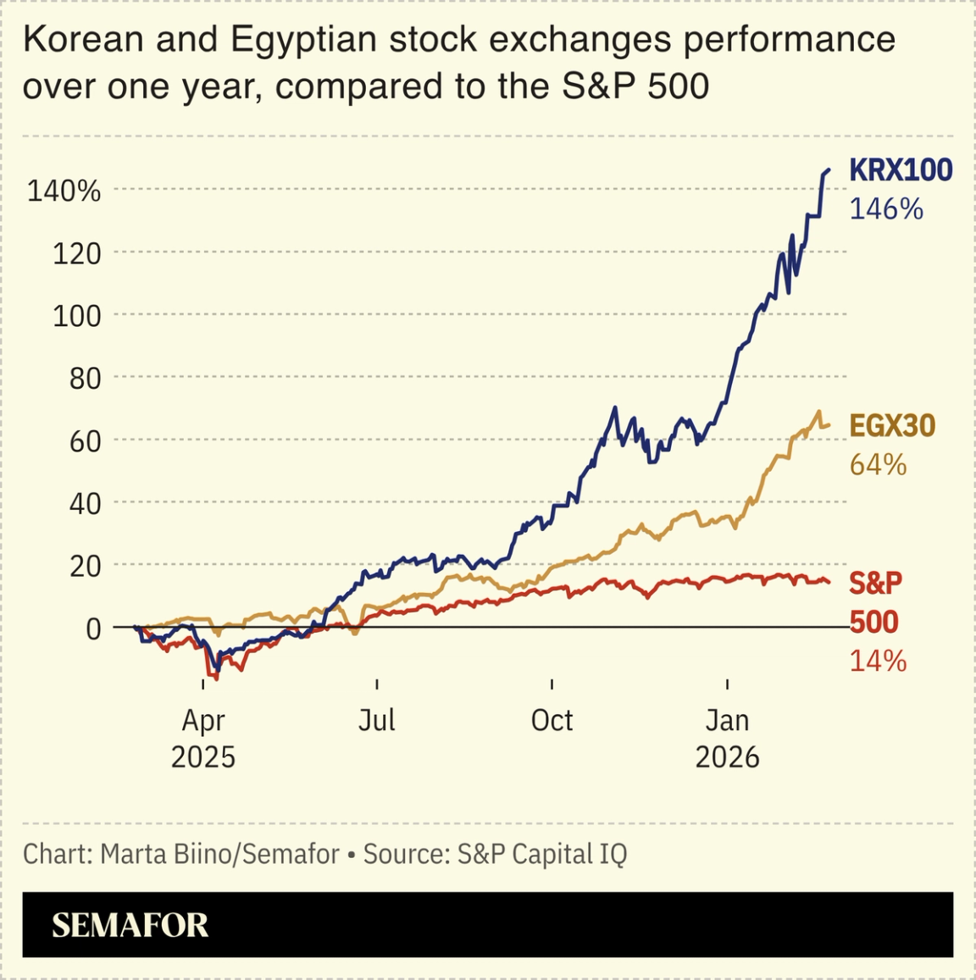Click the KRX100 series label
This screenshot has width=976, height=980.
click(901, 170)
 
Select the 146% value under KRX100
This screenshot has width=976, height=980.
click(885, 209)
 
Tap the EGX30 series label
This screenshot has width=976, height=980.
click(892, 425)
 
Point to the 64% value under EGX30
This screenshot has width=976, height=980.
click(878, 465)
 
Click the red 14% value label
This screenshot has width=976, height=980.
click(878, 661)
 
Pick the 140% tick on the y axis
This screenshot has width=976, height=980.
click(64, 191)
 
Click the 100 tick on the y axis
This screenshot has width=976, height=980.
click(76, 316)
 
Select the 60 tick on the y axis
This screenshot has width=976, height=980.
click(85, 440)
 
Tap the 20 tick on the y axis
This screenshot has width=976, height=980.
click(85, 566)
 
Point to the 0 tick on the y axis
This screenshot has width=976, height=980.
click(93, 628)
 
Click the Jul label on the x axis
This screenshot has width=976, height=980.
click(376, 721)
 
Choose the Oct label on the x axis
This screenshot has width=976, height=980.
click(552, 721)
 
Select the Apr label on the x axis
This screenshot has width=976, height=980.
click(203, 721)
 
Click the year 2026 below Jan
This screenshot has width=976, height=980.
click(727, 756)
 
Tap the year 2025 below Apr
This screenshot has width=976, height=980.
click(203, 756)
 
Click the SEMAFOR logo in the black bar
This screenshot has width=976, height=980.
click(130, 925)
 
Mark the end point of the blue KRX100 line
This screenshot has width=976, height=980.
click(829, 170)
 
